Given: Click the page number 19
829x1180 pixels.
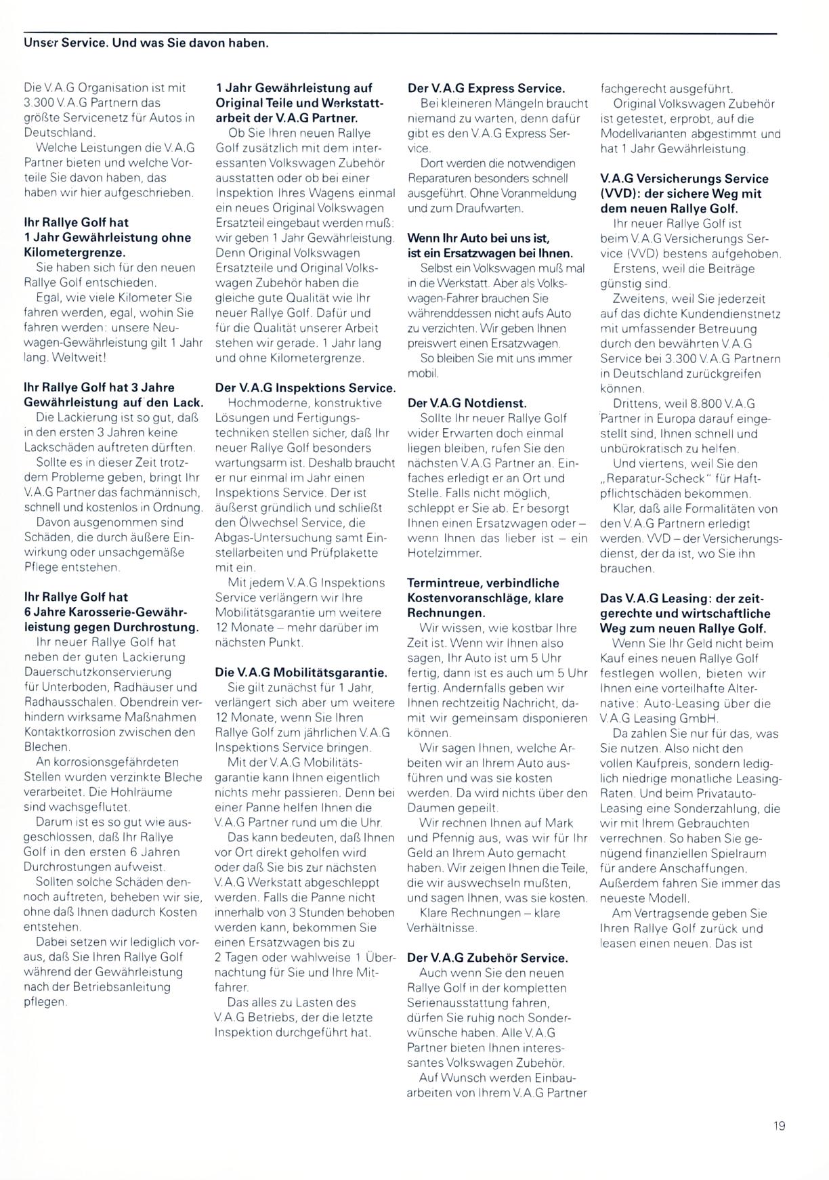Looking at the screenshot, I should (x=779, y=1126).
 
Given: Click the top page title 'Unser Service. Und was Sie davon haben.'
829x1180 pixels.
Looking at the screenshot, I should (x=146, y=43).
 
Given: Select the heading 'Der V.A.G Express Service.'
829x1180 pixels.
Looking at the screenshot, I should (x=486, y=88).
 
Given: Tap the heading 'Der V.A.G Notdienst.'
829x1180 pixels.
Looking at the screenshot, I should (x=467, y=403).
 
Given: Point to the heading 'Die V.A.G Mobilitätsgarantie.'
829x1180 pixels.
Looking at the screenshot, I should (x=301, y=673).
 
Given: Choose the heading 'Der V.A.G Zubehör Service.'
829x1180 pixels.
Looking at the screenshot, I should (x=487, y=958).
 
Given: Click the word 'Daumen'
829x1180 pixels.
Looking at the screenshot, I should (x=428, y=808).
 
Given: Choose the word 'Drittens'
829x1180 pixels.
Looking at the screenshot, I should (x=634, y=404).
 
